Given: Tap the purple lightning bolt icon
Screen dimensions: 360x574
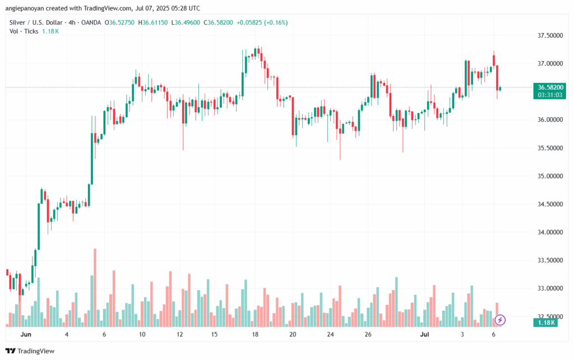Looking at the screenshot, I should tap(501, 320).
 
